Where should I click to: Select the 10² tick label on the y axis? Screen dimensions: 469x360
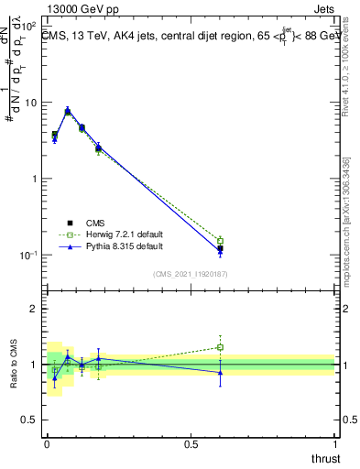tap(28, 26)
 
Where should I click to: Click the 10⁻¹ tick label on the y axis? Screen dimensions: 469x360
tap(28, 255)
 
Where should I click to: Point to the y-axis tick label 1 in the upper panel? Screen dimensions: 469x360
tap(35, 179)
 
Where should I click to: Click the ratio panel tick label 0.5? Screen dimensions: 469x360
tap(29, 420)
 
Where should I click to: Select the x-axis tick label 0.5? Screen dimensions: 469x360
tap(191, 443)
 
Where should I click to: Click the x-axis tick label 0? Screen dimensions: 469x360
tap(46, 443)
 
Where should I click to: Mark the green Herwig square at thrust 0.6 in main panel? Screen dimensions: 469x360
tap(220, 241)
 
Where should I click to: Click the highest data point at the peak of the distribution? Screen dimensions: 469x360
tap(68, 111)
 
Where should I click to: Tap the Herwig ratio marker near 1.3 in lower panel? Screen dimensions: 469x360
tap(220, 347)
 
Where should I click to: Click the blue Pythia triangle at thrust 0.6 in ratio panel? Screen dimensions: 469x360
tap(220, 372)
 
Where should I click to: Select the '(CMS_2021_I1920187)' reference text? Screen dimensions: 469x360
tap(191, 273)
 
